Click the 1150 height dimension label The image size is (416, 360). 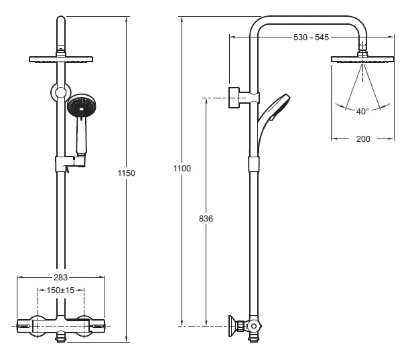click(x=127, y=173)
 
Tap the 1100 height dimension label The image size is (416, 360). click(x=182, y=169)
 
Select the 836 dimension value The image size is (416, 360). click(x=206, y=218)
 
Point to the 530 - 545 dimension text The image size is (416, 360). click(x=311, y=37)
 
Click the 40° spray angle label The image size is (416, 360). click(x=362, y=112)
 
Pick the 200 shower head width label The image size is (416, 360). click(x=363, y=139)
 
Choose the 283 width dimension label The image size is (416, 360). click(x=60, y=277)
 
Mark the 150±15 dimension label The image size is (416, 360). click(x=60, y=290)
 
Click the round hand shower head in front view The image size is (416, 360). click(x=82, y=106)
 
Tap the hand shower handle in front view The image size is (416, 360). click(x=81, y=136)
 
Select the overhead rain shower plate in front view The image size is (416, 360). click(x=61, y=60)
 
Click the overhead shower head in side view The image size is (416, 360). click(x=362, y=59)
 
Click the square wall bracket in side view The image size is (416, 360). click(x=234, y=98)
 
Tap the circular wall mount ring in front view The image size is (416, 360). click(x=61, y=92)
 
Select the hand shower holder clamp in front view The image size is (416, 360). click(x=70, y=164)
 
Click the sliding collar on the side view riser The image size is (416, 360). click(x=254, y=164)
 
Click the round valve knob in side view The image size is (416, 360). click(x=254, y=326)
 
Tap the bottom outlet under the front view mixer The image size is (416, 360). click(x=61, y=337)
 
